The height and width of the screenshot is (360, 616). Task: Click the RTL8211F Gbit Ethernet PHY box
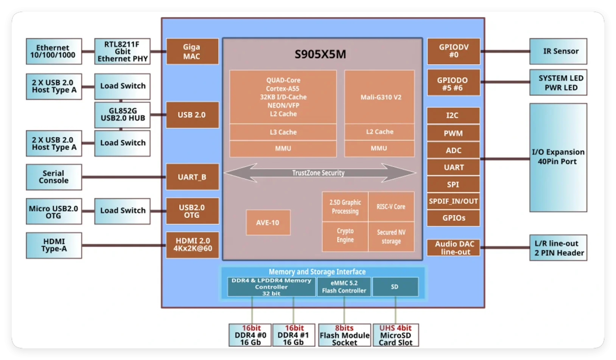(x=122, y=51)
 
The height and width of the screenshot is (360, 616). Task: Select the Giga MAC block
(x=192, y=51)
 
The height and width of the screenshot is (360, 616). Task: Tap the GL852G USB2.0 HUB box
(x=122, y=115)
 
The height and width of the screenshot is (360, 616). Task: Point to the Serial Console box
(x=54, y=177)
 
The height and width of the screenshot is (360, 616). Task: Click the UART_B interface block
(x=192, y=177)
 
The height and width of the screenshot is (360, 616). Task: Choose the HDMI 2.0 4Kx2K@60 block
(x=192, y=245)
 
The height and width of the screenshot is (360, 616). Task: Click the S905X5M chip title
(x=320, y=54)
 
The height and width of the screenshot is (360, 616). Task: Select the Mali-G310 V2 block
(x=380, y=97)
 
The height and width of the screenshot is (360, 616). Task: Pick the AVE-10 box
(x=268, y=223)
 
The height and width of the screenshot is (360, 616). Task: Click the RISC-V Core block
(x=391, y=207)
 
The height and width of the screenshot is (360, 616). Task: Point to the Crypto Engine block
(x=345, y=236)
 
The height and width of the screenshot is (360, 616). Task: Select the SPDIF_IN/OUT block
(x=453, y=201)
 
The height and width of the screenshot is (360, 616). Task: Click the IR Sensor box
(x=558, y=51)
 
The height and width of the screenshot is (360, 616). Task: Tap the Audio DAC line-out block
(x=453, y=248)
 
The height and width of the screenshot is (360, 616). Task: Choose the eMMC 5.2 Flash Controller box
(x=344, y=287)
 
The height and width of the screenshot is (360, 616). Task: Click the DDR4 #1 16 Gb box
(x=293, y=335)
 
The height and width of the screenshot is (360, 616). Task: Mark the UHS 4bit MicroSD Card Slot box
(x=395, y=335)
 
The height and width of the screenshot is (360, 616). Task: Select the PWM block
(x=453, y=133)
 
